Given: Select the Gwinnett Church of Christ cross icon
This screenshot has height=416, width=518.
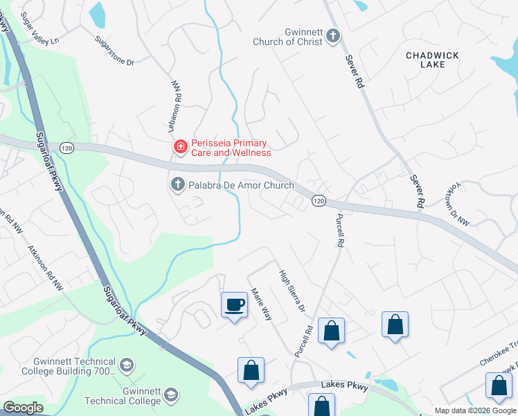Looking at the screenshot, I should pos(333,36).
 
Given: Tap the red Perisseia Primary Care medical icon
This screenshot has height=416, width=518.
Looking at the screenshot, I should pos(180,146).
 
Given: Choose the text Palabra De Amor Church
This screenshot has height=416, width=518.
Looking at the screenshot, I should pos(241,186).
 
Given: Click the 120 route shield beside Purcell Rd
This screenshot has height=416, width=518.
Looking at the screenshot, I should pos(318,200).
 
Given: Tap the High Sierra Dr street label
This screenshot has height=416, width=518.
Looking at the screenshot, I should pos(292,290).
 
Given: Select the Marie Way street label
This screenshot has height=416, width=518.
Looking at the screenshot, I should pos(261,304).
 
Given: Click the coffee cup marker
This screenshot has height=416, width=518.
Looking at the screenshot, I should pos(234,304).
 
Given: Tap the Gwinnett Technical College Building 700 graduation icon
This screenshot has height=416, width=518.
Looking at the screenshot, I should pos(127,365).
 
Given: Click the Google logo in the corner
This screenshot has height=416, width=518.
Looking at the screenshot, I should pos(23,408).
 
